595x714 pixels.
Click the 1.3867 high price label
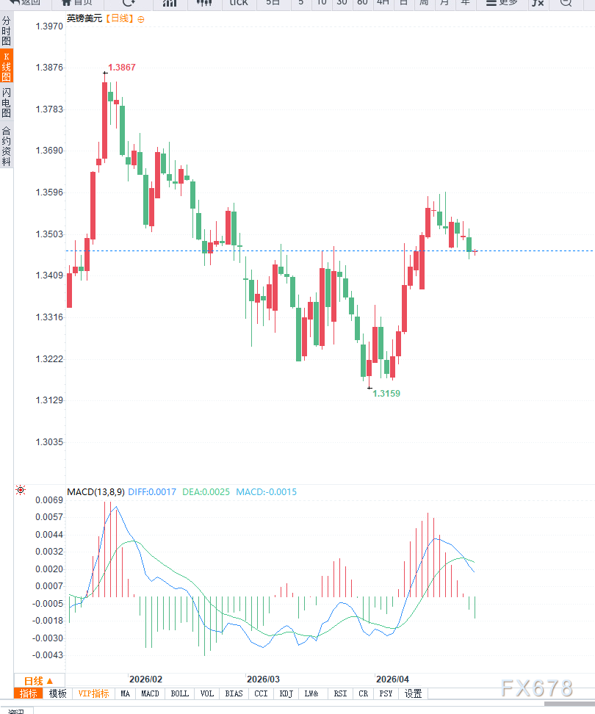(x=122, y=68)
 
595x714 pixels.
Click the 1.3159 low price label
(x=386, y=394)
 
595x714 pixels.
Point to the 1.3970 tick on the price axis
(x=49, y=26)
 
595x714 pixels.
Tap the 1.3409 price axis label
(x=49, y=276)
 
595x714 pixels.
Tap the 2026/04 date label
(x=392, y=679)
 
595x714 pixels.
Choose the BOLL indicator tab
(x=179, y=693)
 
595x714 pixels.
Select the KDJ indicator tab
(x=286, y=693)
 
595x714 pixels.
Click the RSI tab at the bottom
(x=340, y=693)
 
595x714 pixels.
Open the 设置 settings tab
(x=413, y=693)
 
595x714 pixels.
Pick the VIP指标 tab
(x=93, y=693)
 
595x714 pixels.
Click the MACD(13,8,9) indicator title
(x=95, y=492)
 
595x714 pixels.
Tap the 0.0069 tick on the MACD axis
(x=49, y=500)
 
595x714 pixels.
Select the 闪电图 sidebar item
(x=7, y=103)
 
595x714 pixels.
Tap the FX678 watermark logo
(x=536, y=688)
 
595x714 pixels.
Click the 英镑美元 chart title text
(x=84, y=18)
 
